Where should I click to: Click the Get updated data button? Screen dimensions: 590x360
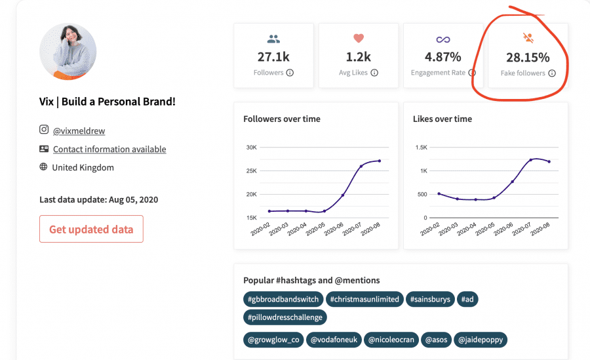91,229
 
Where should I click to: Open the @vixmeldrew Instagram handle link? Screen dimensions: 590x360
79,130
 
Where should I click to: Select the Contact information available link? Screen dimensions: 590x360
109,149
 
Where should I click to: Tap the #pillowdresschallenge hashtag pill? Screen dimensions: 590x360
285,317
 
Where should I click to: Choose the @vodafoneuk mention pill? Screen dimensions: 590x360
334,340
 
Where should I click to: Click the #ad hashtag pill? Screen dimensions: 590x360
467,300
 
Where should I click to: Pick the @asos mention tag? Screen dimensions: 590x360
436,340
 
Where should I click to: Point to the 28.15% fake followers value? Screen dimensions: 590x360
528,58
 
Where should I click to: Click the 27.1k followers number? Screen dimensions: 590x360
273,57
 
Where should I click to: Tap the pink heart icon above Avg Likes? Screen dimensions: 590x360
359,38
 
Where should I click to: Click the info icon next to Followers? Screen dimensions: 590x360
290,73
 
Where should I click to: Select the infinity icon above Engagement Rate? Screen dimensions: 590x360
443,39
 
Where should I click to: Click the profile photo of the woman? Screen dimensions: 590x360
68,52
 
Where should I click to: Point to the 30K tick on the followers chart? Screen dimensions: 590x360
251,148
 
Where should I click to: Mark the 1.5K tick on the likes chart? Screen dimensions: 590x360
422,148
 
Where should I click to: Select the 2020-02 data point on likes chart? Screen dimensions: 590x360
439,193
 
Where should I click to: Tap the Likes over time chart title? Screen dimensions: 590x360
442,119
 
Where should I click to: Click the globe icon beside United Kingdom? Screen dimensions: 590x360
44,167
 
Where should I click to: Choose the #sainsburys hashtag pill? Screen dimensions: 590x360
430,300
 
